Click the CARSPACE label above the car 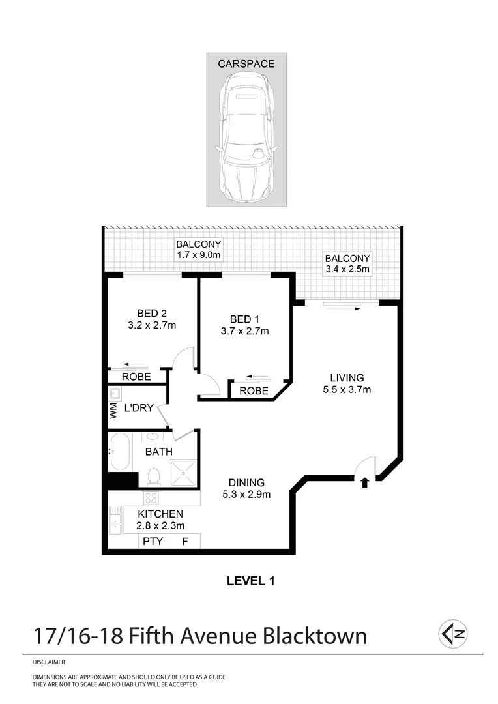246,64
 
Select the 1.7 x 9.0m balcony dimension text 199,256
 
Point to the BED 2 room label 153,313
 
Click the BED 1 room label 245,319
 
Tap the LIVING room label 346,377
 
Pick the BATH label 158,452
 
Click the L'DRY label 138,409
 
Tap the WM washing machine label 113,411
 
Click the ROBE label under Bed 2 136,377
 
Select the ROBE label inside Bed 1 254,391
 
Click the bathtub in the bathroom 121,453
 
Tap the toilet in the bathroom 154,477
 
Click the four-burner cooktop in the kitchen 151,498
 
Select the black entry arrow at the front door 364,483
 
